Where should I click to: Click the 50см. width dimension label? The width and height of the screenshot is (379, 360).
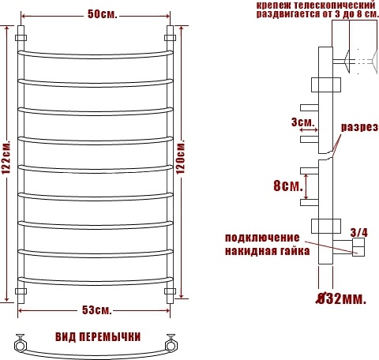click(x=103, y=14)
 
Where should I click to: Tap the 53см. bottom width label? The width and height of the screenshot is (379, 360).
click(x=97, y=310)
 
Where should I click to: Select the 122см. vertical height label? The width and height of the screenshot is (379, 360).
click(x=6, y=158)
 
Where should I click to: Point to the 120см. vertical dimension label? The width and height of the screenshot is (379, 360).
click(x=181, y=157)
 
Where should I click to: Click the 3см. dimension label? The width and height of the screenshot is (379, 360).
click(x=303, y=122)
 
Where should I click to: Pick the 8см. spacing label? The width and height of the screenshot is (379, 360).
click(x=288, y=186)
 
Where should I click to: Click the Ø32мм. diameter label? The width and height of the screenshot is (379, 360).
click(x=341, y=298)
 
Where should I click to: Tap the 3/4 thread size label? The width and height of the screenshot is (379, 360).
click(x=359, y=233)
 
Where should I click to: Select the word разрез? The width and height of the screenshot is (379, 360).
click(x=360, y=127)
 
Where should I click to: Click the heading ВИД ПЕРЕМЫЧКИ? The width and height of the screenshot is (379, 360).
click(x=98, y=337)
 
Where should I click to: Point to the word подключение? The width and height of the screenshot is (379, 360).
click(x=262, y=238)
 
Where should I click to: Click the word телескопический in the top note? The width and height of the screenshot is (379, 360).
click(x=335, y=5)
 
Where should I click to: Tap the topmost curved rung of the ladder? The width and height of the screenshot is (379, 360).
click(x=96, y=54)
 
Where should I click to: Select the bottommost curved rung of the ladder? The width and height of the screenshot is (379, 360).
click(x=96, y=281)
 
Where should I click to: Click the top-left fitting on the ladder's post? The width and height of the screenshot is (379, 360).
click(x=21, y=38)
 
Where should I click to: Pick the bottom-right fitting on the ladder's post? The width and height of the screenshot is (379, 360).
click(x=170, y=291)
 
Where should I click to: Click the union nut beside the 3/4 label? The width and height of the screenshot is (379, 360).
click(x=359, y=247)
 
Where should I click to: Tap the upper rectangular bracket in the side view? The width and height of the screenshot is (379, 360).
click(x=326, y=84)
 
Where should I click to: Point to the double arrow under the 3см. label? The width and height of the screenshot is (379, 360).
click(x=309, y=129)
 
